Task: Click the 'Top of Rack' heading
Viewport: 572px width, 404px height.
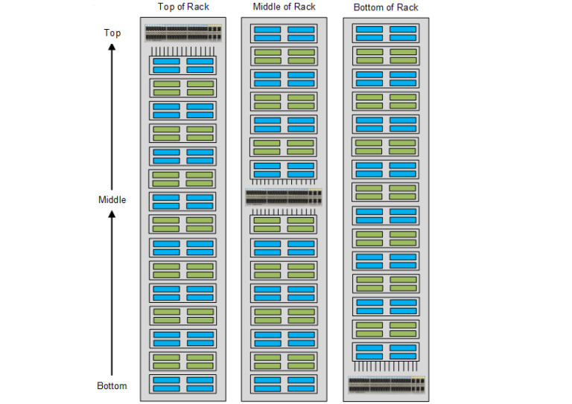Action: [183, 7]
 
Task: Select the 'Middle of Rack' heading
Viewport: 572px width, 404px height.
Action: [284, 7]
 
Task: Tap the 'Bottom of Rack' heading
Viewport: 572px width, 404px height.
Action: [385, 7]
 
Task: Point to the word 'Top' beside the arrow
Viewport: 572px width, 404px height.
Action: [112, 33]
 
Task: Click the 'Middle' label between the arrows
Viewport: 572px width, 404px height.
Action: [112, 199]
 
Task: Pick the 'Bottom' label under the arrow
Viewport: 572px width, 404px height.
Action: [112, 385]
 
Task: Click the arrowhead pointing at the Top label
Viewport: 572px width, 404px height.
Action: [112, 47]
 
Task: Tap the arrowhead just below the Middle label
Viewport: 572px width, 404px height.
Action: [112, 214]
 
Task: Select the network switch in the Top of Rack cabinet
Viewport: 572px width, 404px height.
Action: [183, 33]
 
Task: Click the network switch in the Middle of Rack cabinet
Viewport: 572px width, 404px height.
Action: [284, 197]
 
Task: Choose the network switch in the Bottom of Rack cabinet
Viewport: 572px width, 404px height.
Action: [386, 385]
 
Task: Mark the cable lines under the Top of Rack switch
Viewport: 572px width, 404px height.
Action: [183, 50]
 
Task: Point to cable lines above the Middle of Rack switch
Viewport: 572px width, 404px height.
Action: [284, 182]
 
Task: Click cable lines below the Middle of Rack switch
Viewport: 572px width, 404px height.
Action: [284, 211]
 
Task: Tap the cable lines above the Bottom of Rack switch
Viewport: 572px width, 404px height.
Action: [386, 367]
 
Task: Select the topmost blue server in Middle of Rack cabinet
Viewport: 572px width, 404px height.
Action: [284, 33]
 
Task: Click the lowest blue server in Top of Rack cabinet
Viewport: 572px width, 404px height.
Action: [183, 384]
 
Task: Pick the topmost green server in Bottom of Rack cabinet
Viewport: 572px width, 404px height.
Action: [386, 56]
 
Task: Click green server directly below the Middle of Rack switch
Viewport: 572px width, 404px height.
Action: [284, 225]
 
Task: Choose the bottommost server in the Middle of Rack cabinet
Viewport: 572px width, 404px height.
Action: [284, 384]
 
